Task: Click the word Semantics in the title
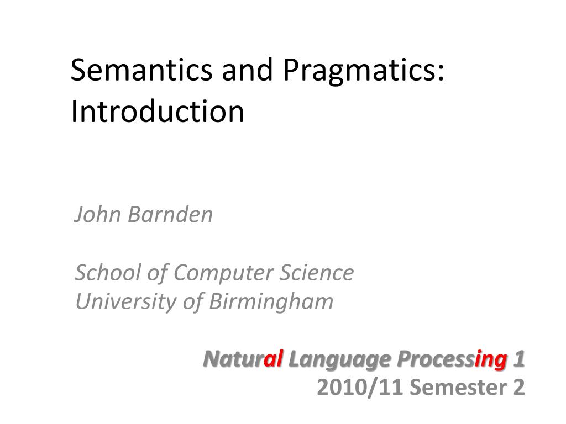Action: click(141, 70)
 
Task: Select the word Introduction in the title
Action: click(158, 112)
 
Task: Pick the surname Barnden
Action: click(170, 214)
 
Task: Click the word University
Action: click(126, 302)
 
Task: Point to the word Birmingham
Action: click(271, 302)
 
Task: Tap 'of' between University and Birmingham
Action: click(193, 302)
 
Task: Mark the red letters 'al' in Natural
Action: click(273, 359)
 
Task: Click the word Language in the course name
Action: click(340, 360)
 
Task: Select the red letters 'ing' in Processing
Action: click(491, 360)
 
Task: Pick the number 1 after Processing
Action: click(519, 359)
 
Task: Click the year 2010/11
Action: click(359, 387)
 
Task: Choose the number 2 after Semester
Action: click(518, 387)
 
